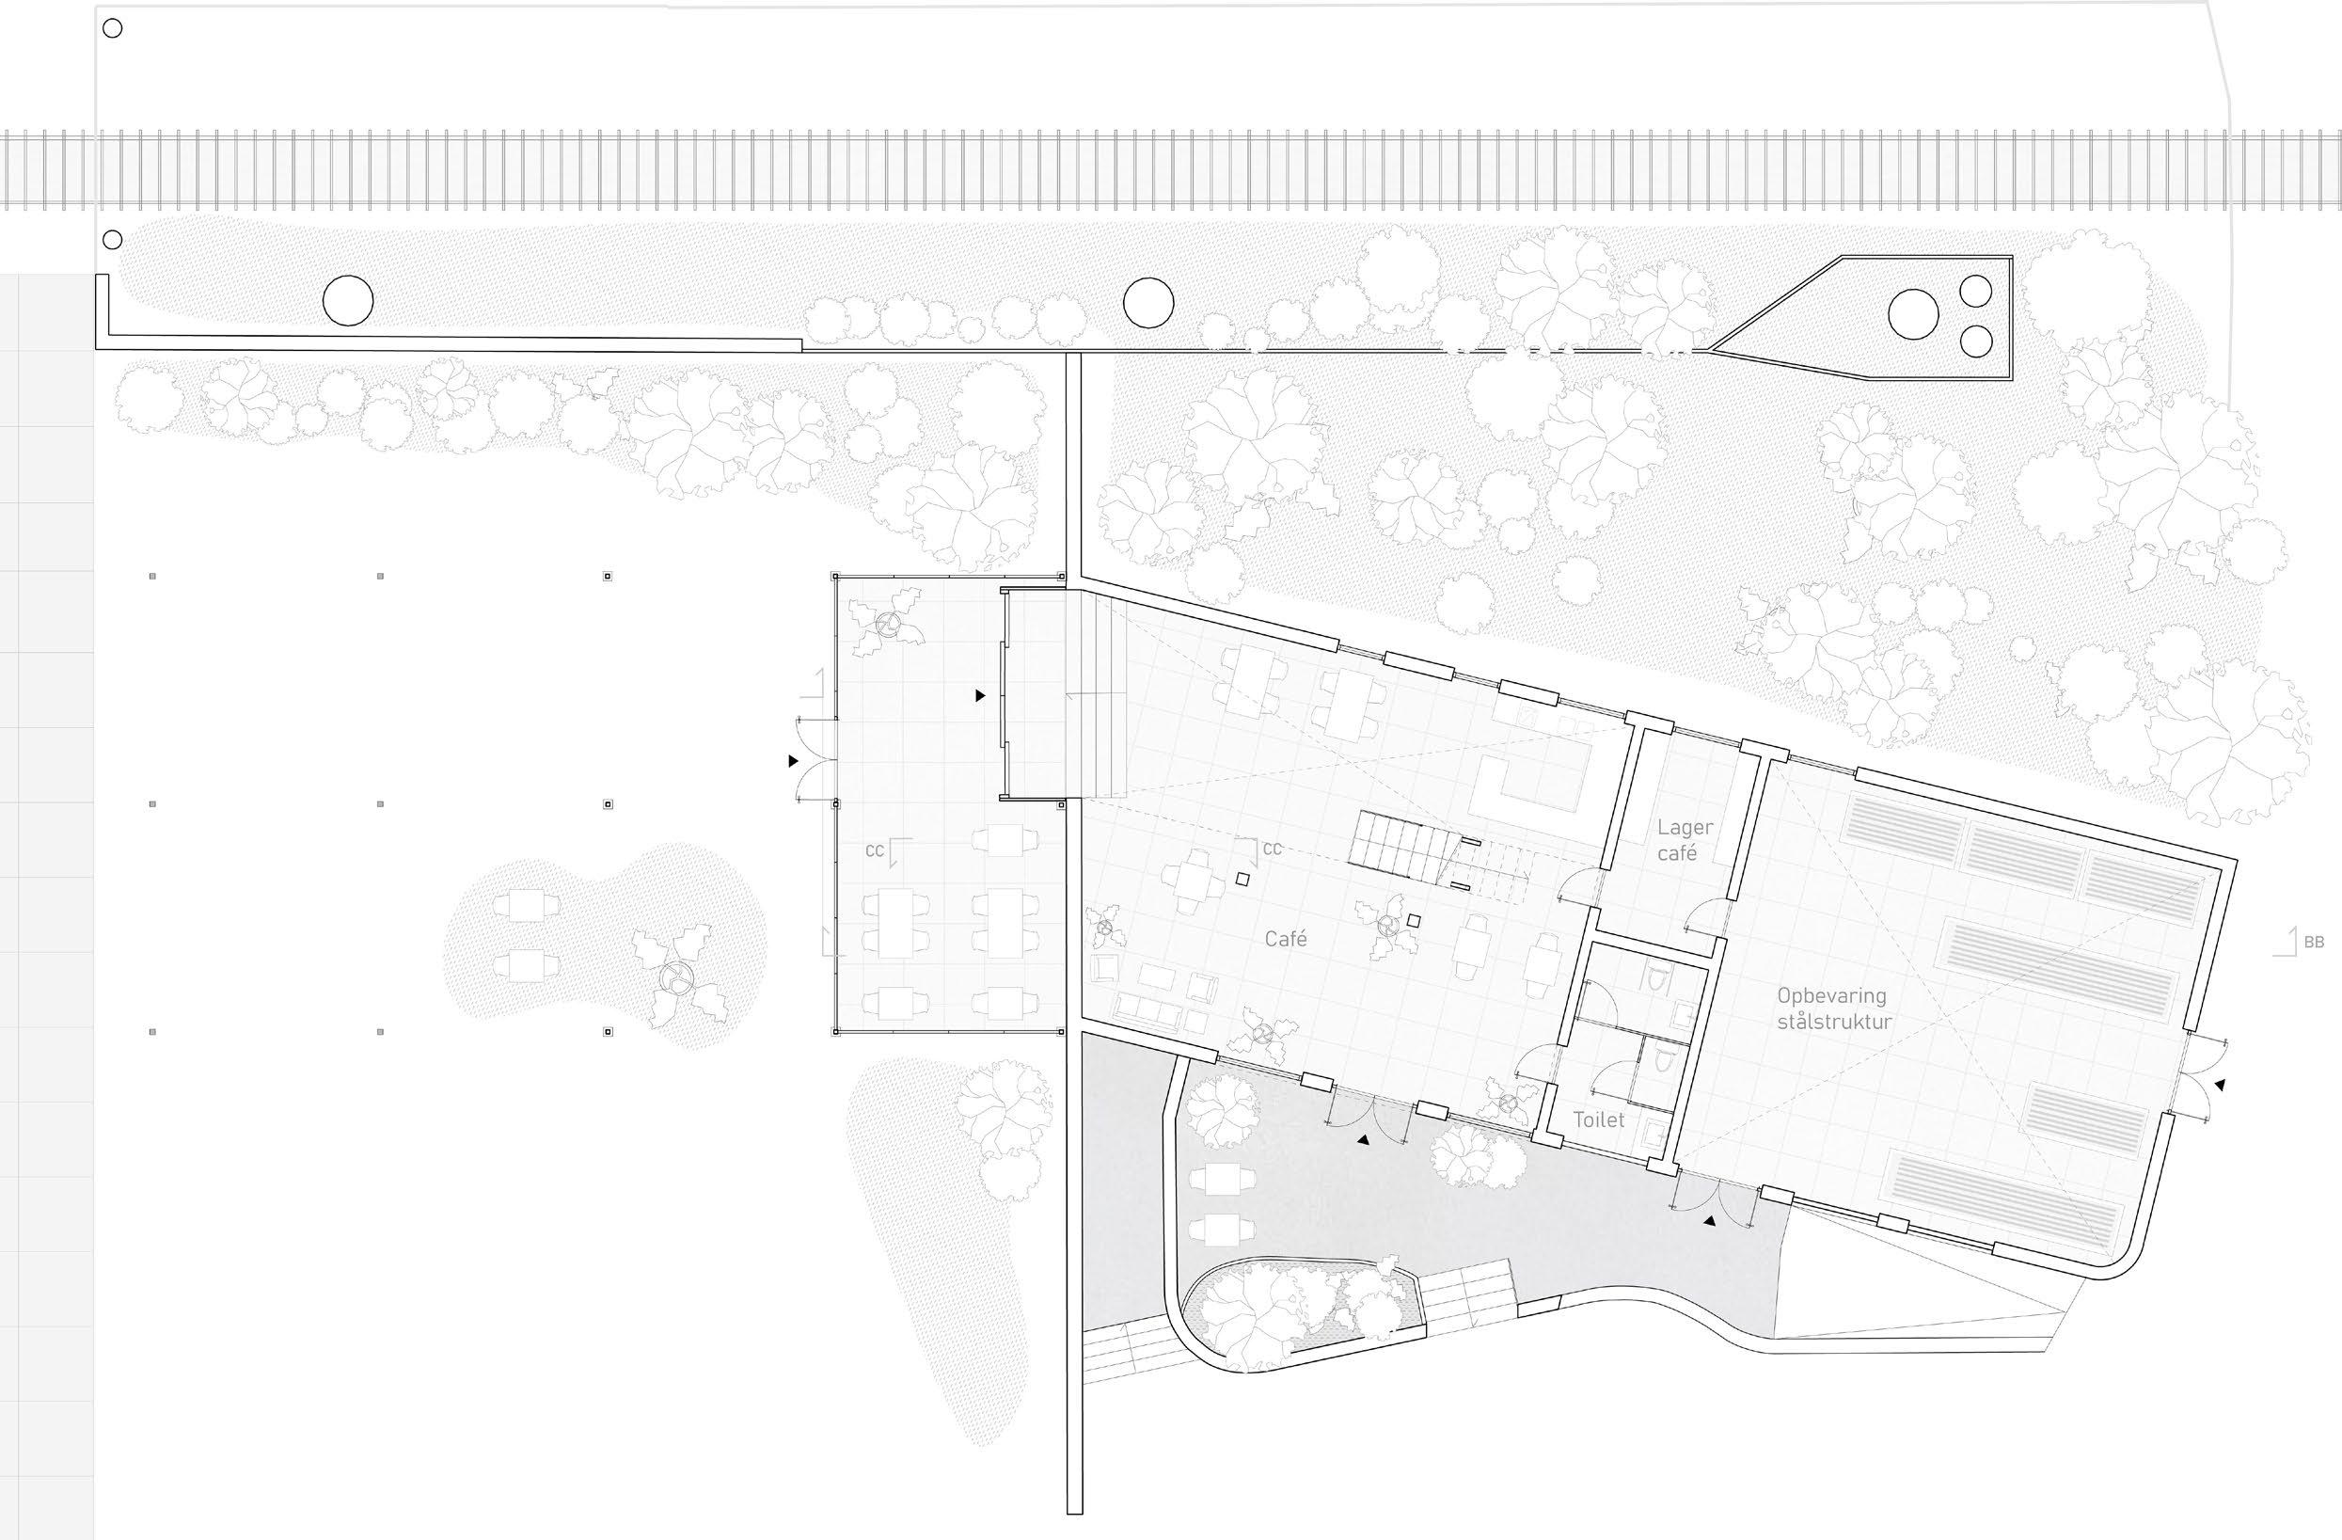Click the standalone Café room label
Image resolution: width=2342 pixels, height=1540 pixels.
1285,939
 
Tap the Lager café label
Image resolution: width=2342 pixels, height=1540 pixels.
1685,840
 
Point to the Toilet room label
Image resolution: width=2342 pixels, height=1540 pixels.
1599,1119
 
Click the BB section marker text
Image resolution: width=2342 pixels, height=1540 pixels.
2314,942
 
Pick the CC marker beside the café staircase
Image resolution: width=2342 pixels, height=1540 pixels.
1272,849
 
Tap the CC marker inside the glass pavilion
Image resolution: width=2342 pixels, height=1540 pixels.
874,850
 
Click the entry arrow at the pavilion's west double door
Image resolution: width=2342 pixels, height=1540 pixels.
793,761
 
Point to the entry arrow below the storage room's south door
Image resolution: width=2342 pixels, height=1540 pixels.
1709,1221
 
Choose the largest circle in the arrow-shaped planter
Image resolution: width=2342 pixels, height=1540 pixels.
1913,314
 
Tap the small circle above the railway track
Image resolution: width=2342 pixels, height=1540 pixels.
112,28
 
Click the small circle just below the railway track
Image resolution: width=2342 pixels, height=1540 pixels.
112,239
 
